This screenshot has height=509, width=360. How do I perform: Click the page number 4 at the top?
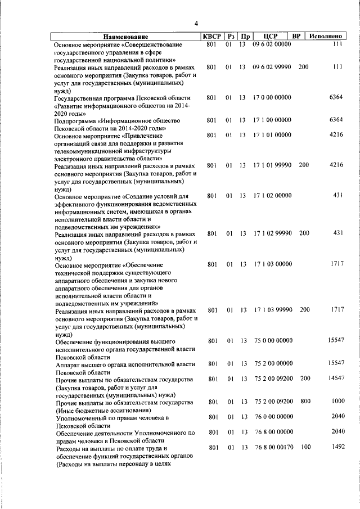coord(196,23)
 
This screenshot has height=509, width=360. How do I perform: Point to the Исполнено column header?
coord(327,37)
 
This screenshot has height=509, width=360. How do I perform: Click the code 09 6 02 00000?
coord(272,44)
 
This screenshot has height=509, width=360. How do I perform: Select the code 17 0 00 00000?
coord(272,97)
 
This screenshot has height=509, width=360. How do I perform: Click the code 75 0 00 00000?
coord(272,341)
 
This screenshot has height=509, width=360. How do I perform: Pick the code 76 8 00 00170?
coord(272,447)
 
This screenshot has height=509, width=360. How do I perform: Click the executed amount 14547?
coord(336,379)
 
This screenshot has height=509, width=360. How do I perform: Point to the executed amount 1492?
coord(337,447)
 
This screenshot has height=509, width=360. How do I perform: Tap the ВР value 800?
coord(304,402)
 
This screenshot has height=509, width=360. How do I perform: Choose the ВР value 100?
coord(304,447)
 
